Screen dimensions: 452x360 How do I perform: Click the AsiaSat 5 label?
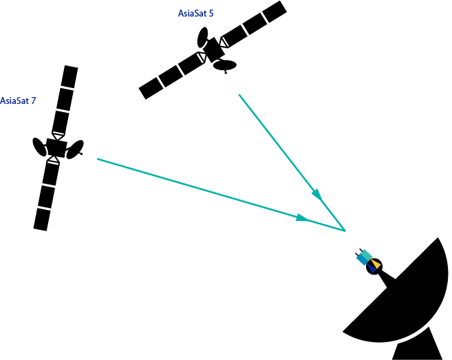click(x=196, y=13)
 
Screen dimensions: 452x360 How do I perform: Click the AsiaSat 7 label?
click(x=18, y=100)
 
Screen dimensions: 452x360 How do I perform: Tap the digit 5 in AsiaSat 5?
click(x=211, y=14)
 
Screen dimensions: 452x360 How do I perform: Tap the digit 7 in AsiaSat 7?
click(x=34, y=100)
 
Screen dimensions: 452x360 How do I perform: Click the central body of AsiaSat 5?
click(x=214, y=50)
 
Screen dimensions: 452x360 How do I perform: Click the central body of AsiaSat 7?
click(x=56, y=148)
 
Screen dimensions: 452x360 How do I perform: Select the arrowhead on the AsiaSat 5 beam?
click(x=317, y=195)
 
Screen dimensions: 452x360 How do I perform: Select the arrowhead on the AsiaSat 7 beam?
click(x=302, y=218)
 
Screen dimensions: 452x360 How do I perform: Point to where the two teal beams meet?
click(x=345, y=231)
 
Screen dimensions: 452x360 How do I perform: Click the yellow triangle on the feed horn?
click(x=376, y=264)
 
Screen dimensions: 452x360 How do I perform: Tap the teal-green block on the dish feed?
click(x=367, y=255)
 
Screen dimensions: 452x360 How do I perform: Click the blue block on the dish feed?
click(x=362, y=259)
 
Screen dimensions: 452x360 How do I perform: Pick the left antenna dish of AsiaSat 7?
click(x=39, y=147)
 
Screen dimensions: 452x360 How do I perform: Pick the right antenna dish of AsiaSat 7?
click(x=75, y=149)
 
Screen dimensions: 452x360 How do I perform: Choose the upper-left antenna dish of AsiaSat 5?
click(x=202, y=37)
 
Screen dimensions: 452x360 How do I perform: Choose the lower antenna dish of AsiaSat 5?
click(x=225, y=65)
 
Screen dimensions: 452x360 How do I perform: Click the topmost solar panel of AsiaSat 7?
click(x=69, y=76)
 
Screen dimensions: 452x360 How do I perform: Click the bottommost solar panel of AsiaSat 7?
click(x=42, y=220)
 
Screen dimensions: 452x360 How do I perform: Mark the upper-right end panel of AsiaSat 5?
click(x=275, y=12)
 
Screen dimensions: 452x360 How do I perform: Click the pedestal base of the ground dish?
click(x=417, y=344)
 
